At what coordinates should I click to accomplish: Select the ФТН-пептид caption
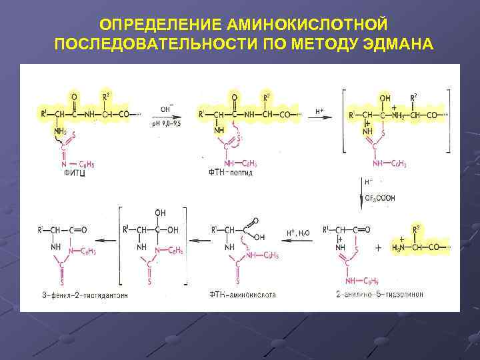pos(231,173)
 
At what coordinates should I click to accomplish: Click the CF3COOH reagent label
pos(380,198)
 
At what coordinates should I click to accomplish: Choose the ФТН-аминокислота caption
pos(242,293)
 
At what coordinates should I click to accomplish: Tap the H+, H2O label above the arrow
pos(297,232)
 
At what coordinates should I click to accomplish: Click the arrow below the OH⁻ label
pos(169,115)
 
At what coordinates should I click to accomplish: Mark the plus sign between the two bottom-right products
pos(379,247)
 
